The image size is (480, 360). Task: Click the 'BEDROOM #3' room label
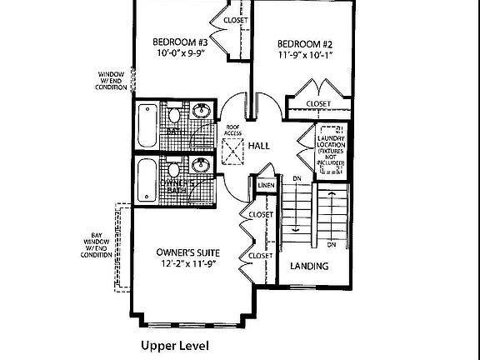tap(179, 42)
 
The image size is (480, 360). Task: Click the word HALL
tap(259, 146)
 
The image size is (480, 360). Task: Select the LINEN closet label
tap(266, 185)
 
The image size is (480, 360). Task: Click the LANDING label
tap(308, 267)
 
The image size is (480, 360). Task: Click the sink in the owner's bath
tap(198, 165)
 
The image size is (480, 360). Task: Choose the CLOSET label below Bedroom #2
tap(317, 104)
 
